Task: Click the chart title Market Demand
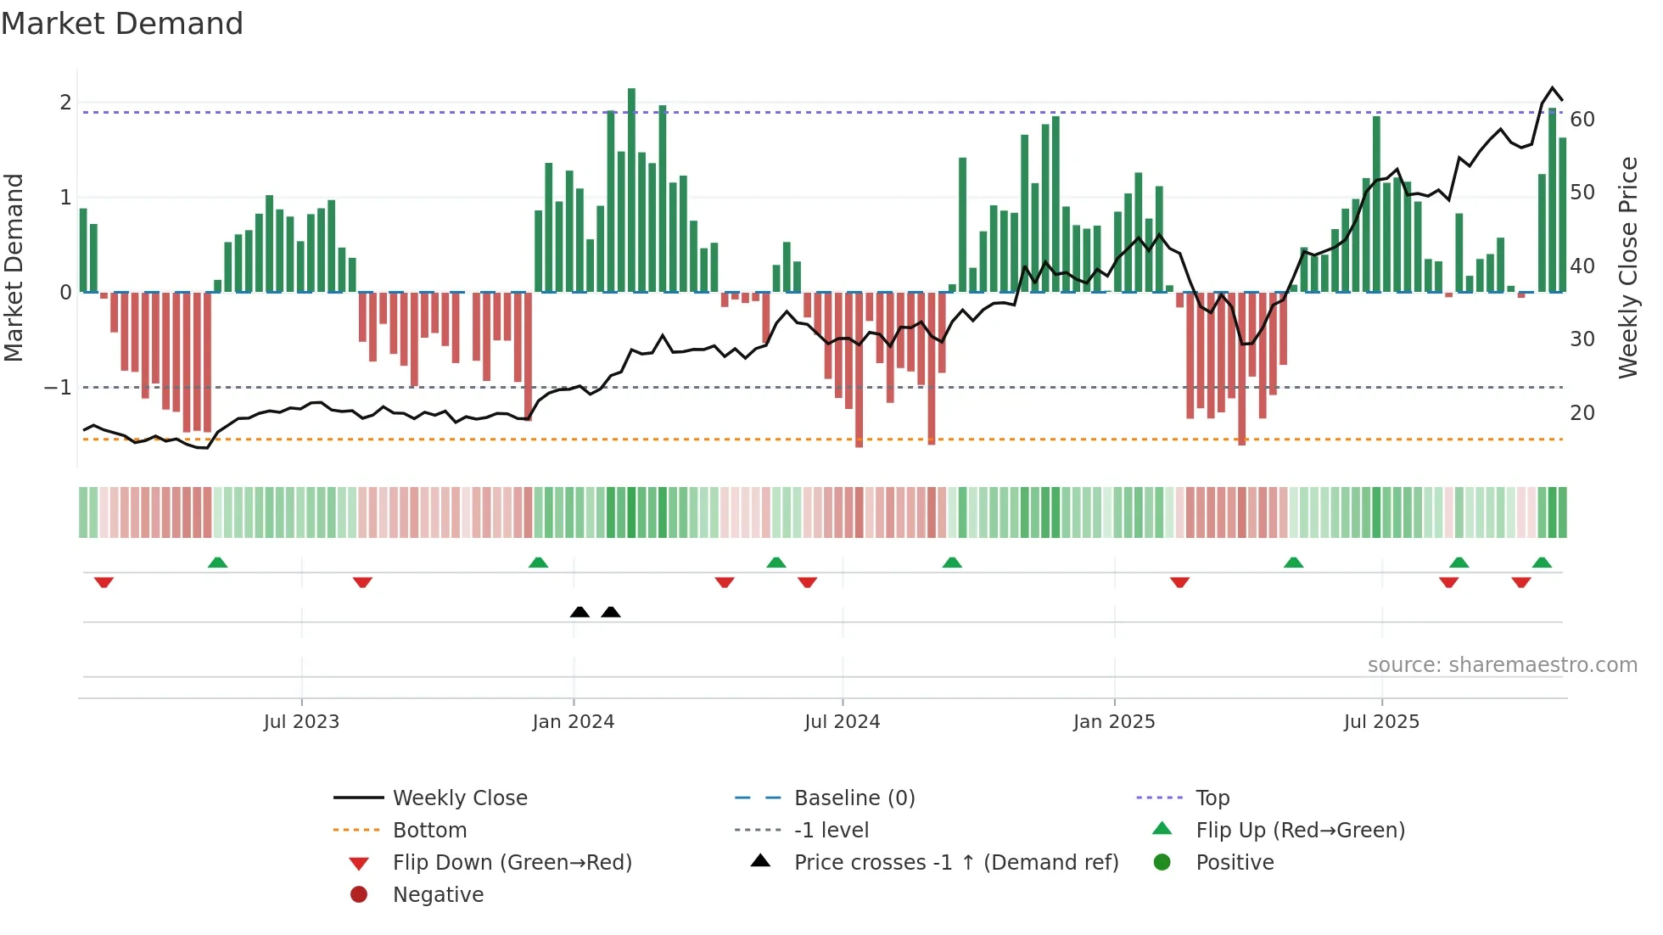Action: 122,24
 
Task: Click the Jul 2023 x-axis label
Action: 301,722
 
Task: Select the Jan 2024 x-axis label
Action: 573,722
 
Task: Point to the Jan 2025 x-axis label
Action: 1113,722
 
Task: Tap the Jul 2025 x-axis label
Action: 1381,722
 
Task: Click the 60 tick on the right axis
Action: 1582,120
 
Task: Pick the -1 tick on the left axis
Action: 59,388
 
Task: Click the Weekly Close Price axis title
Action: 1627,267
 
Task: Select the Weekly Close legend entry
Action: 459,798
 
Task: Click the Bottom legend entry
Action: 429,831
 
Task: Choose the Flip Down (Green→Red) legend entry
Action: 512,863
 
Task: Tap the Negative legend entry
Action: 438,895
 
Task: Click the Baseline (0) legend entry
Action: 854,798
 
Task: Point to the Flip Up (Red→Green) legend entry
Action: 1300,831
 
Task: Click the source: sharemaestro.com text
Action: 1502,665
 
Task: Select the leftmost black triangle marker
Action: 580,612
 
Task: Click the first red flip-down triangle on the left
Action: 104,582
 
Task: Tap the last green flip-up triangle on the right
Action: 1542,563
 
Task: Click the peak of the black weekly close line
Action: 1553,88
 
